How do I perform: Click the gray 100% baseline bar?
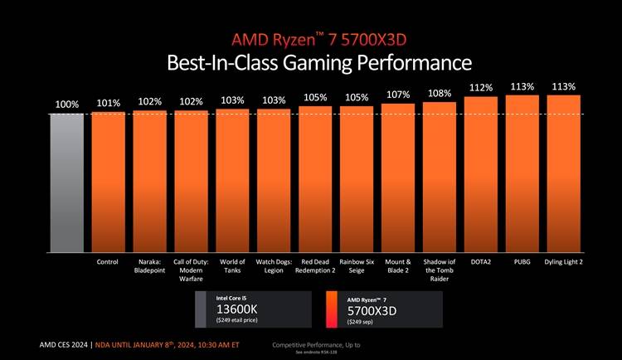[x=66, y=182]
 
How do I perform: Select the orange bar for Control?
[x=108, y=182]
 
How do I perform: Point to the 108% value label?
[x=440, y=93]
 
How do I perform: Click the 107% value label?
[x=399, y=95]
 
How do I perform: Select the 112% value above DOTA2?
[x=481, y=87]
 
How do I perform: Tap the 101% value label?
[x=109, y=104]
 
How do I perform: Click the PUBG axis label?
[x=522, y=263]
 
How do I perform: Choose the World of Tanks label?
[x=232, y=267]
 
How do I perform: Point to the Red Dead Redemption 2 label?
[x=315, y=267]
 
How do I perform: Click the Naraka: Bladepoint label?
[x=149, y=267]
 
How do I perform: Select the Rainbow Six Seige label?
[x=357, y=267]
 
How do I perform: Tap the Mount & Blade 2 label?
[x=398, y=267]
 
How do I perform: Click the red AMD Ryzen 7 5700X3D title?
[x=318, y=40]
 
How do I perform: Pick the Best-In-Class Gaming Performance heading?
[x=318, y=63]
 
